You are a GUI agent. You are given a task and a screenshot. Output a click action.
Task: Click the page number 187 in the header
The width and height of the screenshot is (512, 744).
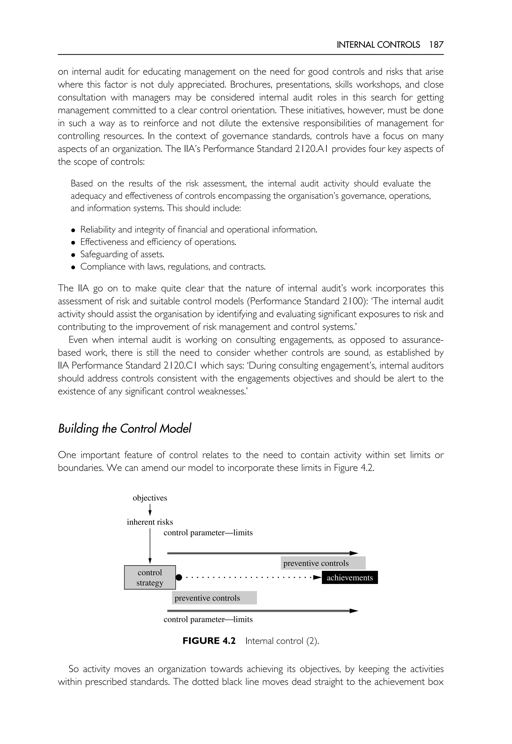point(436,44)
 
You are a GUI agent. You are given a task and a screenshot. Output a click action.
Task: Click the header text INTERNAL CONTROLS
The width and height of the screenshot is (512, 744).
point(378,44)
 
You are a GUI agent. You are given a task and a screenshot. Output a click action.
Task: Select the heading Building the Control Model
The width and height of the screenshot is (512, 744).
point(124,429)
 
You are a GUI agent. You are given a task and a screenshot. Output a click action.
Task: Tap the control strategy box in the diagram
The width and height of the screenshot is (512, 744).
point(150,577)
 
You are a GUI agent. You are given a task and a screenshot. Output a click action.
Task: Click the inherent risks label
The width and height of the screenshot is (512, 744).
point(150,522)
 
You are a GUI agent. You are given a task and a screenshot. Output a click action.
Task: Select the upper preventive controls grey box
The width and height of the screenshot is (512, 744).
point(323,563)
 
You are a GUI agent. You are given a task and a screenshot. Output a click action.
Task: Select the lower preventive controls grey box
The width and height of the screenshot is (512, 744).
point(214,598)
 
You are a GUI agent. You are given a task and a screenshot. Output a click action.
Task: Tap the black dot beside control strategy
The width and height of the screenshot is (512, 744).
point(179,577)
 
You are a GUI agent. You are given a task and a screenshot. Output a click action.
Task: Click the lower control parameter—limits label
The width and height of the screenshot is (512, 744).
point(208,619)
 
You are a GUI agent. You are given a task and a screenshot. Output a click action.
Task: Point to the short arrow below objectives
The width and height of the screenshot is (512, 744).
point(150,509)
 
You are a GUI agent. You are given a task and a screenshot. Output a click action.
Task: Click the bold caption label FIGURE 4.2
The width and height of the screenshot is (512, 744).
point(209,641)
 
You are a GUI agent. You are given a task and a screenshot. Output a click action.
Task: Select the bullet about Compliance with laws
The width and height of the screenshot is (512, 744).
point(172,266)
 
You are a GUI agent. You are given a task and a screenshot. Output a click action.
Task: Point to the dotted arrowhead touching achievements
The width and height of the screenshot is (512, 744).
point(317,577)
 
